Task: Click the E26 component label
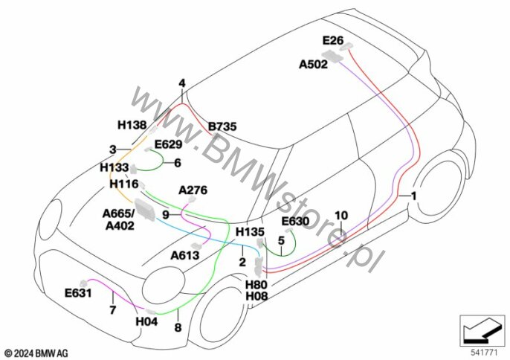[x=333, y=40]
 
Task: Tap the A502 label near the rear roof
[x=313, y=65]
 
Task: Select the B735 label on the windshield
[x=222, y=126]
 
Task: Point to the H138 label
[x=132, y=125]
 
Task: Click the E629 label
[x=168, y=144]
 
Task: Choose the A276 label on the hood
[x=193, y=190]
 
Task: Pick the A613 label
[x=184, y=256]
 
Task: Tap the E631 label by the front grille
[x=78, y=293]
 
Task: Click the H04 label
[x=146, y=321]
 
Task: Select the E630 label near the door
[x=295, y=222]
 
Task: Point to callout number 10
[x=341, y=215]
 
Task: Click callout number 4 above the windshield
[x=182, y=83]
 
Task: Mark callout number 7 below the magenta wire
[x=112, y=310]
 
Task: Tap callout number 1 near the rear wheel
[x=413, y=196]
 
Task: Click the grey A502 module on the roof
[x=332, y=56]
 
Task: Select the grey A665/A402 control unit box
[x=145, y=210]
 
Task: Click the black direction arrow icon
[x=482, y=330]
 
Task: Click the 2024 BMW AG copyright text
[x=36, y=353]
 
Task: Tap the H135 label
[x=250, y=232]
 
